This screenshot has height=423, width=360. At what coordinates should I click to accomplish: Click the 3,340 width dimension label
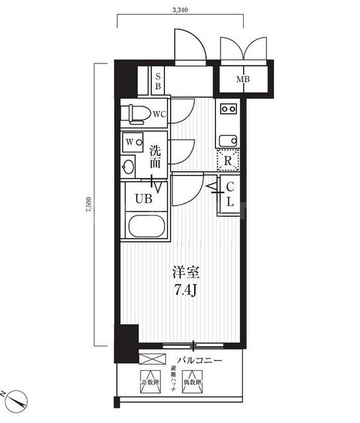(180, 9)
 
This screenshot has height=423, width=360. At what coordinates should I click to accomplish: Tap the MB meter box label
(243, 80)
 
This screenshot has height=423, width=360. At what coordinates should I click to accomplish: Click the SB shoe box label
(158, 81)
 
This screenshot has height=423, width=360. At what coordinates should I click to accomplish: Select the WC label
(159, 114)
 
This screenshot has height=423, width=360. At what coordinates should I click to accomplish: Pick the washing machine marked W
(132, 143)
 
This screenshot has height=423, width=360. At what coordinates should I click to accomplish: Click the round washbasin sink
(129, 167)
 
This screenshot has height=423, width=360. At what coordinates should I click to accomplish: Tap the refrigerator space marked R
(228, 160)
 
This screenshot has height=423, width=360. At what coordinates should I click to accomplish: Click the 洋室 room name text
(186, 272)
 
